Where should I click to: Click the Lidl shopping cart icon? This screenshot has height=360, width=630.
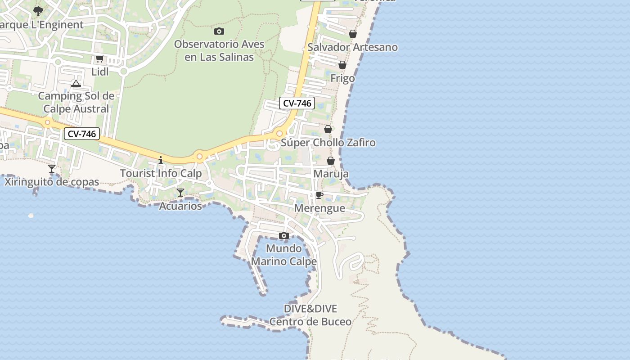click(x=99, y=58)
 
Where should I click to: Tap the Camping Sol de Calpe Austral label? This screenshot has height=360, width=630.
click(x=76, y=102)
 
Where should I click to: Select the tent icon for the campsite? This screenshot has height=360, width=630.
click(x=76, y=83)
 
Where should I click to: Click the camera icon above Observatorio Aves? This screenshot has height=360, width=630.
click(x=219, y=31)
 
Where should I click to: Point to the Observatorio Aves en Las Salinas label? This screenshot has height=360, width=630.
click(x=219, y=51)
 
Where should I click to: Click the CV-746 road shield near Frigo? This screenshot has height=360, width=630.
click(x=297, y=103)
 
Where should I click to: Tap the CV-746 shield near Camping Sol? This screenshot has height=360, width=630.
click(x=81, y=134)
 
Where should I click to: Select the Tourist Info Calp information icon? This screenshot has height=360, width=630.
click(x=161, y=160)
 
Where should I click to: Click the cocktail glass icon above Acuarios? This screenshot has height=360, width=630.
click(x=180, y=193)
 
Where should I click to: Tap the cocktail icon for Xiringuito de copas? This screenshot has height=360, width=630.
click(x=52, y=169)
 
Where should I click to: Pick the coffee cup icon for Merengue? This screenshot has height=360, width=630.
click(x=319, y=195)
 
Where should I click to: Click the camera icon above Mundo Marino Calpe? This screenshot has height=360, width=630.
click(x=283, y=235)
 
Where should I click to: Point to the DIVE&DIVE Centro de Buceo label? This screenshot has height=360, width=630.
click(x=310, y=315)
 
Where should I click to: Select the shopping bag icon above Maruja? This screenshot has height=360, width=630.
click(x=331, y=161)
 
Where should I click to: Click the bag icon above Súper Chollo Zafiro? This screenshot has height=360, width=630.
click(x=328, y=129)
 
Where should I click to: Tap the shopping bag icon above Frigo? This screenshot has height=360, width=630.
click(x=342, y=65)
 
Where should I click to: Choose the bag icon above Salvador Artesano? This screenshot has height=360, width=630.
click(x=353, y=34)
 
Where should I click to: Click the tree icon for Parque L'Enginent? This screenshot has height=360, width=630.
click(x=38, y=11)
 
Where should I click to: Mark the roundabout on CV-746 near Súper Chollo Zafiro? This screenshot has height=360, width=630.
click(x=279, y=134)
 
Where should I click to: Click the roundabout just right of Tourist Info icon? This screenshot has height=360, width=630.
click(x=199, y=157)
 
